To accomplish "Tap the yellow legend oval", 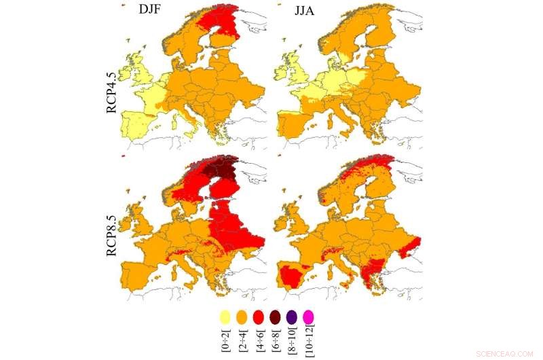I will pos(224,317).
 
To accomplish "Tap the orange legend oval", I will pos(241,317).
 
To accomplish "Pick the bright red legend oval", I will pos(258,317).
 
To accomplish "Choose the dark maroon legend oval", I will pos(275,317).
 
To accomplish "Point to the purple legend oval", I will pos(292,317).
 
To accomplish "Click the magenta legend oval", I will pos(309,317).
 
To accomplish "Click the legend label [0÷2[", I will pos(225,338).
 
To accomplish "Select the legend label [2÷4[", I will pos(242,338).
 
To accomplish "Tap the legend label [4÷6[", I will pos(259,338).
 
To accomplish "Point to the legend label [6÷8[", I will pos(276,338).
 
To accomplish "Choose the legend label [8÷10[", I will pos(293,340).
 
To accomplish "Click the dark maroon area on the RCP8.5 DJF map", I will pos(221,170).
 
